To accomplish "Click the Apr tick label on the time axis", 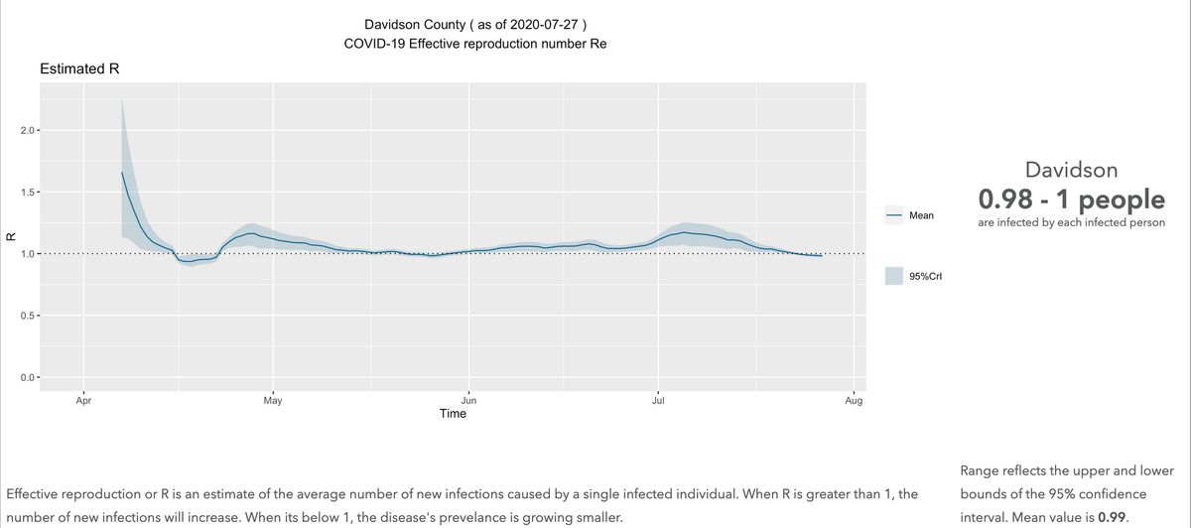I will click(83, 402).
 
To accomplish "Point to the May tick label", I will click(273, 402).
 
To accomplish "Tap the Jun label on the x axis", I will click(468, 402).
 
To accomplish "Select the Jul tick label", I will click(658, 402).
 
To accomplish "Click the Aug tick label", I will click(854, 402).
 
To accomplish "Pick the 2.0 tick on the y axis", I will click(28, 131).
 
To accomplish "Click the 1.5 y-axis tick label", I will click(28, 193).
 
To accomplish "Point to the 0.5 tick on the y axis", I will click(28, 316).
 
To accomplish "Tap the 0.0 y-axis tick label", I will click(28, 377).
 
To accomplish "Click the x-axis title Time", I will click(453, 414).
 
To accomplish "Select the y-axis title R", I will click(10, 237).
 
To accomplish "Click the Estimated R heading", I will click(79, 69).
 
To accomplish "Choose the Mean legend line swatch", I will click(892, 214).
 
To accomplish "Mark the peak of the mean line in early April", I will click(122, 173).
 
